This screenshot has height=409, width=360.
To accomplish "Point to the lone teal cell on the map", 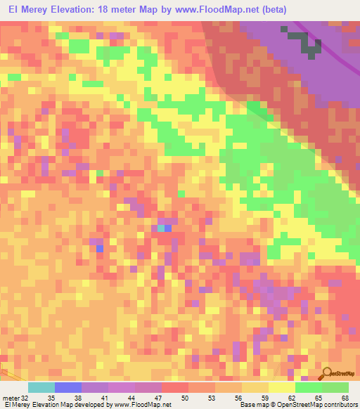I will tap(161, 228).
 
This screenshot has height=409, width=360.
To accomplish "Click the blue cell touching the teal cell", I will tap(168, 228).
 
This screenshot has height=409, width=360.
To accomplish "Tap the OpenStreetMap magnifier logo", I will tap(328, 373).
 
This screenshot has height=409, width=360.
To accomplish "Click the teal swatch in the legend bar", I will tap(41, 387).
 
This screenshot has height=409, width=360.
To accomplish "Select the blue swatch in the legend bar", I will tap(68, 387).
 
